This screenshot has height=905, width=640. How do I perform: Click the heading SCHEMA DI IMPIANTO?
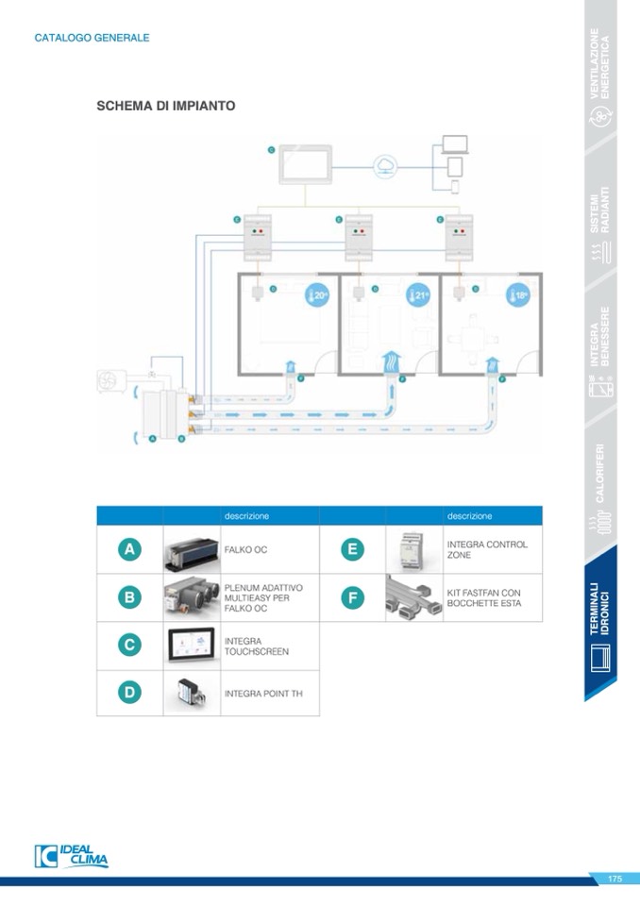pos(166,106)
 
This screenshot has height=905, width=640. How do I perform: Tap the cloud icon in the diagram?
pos(385,167)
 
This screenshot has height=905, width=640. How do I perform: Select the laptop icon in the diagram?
pos(455,145)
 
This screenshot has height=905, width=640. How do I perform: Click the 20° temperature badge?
pos(317,295)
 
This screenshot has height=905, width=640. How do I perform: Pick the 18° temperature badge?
pos(516,295)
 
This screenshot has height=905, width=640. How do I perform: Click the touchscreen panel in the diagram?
pos(305,165)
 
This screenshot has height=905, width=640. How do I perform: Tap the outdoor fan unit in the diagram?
pos(111,381)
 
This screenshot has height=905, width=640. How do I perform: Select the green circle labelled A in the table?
pos(129,549)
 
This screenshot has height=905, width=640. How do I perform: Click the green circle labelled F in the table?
pos(352,597)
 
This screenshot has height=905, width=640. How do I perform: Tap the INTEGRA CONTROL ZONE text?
pos(487,549)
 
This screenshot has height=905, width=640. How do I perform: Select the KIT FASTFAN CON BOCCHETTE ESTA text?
pos(483,597)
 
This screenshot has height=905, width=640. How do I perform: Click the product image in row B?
pos(192,597)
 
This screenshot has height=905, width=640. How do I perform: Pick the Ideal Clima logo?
pos(72,855)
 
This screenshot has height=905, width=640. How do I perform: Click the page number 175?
pos(615,879)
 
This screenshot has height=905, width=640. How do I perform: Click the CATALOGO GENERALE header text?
pos(92,38)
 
